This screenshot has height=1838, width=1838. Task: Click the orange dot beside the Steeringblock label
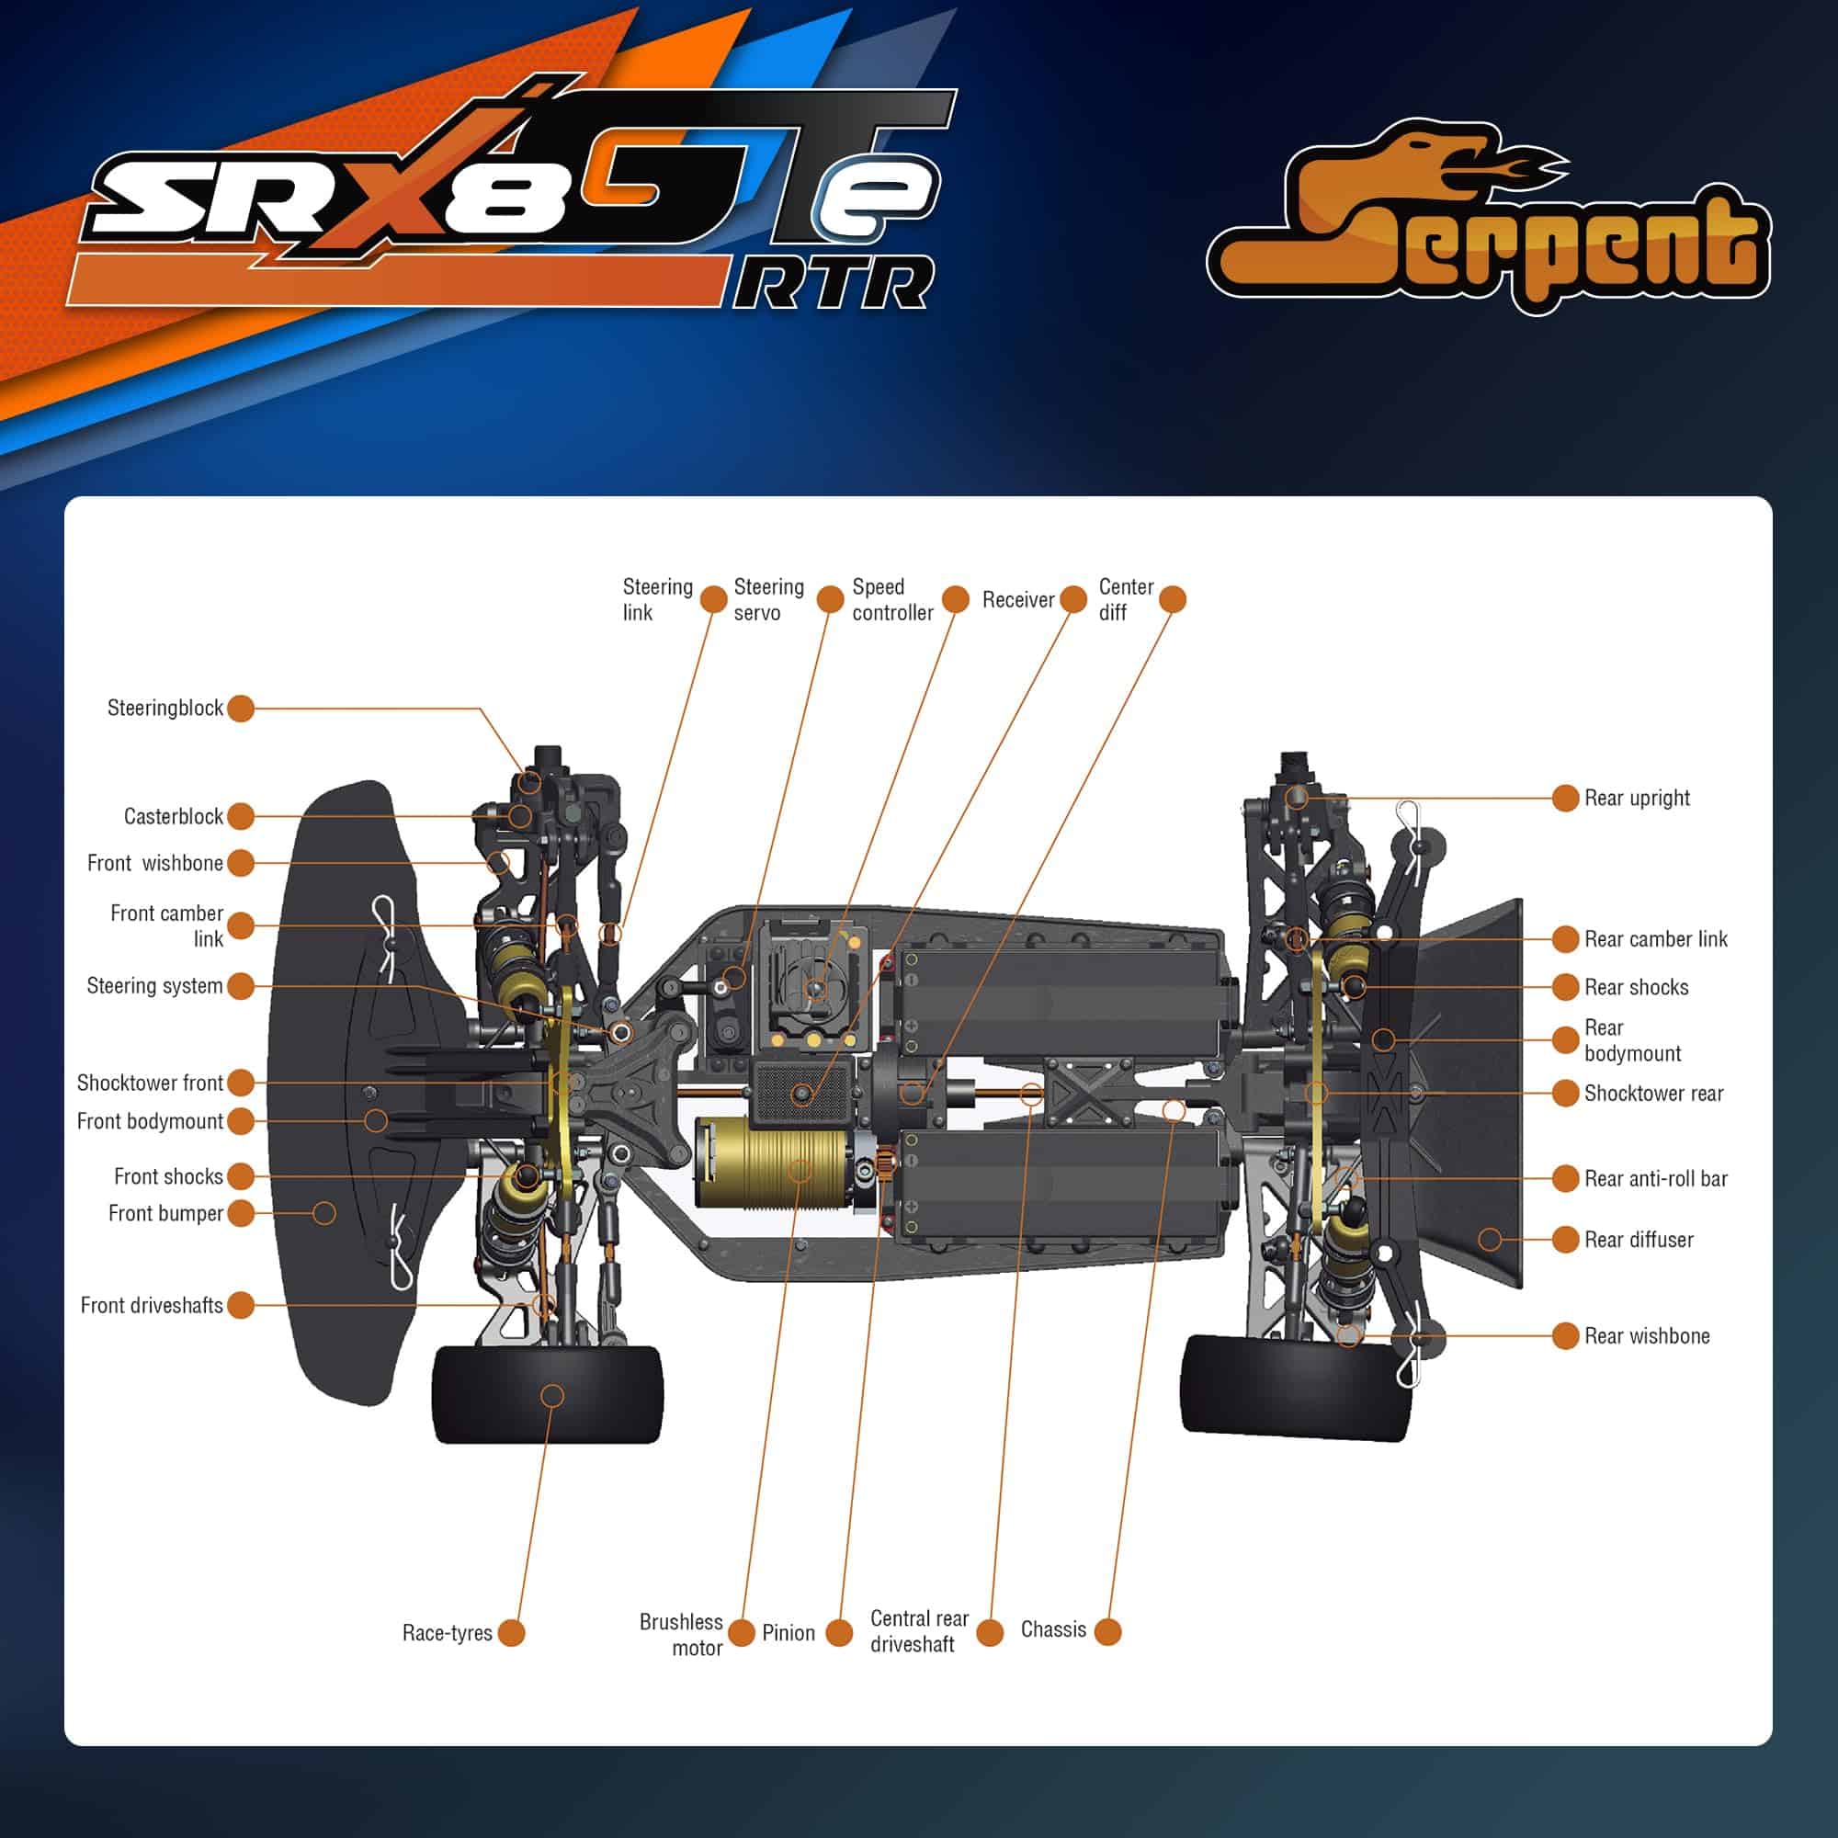[241, 708]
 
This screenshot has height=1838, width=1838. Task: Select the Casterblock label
[173, 816]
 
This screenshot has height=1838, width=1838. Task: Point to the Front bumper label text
[165, 1213]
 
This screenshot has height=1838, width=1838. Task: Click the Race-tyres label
[448, 1632]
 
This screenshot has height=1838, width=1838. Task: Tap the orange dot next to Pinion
[839, 1632]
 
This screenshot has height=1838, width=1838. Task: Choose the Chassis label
[1053, 1629]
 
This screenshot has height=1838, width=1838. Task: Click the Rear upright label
[1637, 799]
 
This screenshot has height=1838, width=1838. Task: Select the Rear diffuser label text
[1639, 1240]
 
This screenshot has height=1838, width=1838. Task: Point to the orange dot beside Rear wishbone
[1566, 1335]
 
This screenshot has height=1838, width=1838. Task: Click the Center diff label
[1126, 599]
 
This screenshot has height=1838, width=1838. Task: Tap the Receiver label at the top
[1018, 599]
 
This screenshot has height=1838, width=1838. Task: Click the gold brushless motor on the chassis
[772, 1162]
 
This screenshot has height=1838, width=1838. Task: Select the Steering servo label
[767, 599]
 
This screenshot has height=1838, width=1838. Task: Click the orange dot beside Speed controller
[955, 599]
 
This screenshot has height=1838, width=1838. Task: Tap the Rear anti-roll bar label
[1655, 1179]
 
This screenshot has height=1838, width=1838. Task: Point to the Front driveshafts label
[152, 1305]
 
